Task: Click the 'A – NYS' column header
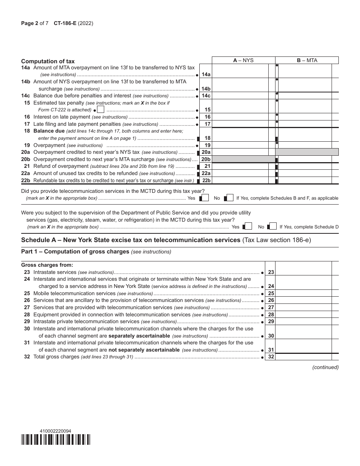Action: coord(243,60)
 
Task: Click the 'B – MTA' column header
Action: coord(307,60)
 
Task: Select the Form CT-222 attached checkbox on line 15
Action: coord(100,109)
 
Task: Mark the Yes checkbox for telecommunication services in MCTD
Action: coord(204,198)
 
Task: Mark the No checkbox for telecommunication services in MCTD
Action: coord(229,198)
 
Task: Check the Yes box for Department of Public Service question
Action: coord(248,227)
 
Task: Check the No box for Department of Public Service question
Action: coord(272,227)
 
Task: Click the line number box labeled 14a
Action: coord(206,75)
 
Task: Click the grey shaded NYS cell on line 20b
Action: coord(243,159)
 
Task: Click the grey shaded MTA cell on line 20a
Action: coord(307,152)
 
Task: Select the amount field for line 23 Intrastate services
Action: coord(303,272)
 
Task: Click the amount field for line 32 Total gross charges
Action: coord(303,357)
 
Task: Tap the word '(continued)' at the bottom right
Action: coord(325,367)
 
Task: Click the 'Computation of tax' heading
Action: coord(48,61)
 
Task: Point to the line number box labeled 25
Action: coord(271,293)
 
